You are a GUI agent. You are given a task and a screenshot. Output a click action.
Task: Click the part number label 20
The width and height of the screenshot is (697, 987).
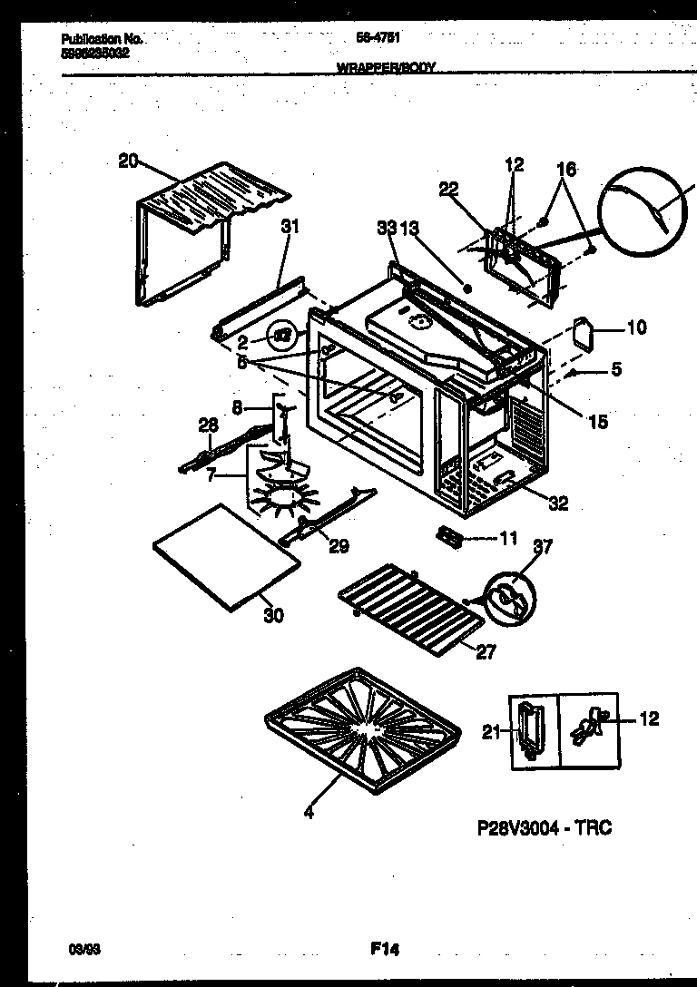point(128,161)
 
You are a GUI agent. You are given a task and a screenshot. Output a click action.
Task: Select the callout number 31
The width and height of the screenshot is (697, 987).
point(290,227)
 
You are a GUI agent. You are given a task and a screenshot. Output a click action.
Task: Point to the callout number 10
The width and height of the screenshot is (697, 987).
point(636,327)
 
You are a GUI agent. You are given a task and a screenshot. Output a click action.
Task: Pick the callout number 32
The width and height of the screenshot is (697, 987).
point(557,503)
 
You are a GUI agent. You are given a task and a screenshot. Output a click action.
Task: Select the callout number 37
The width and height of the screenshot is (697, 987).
point(542,546)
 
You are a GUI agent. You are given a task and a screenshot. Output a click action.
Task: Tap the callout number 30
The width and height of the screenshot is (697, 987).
point(273,615)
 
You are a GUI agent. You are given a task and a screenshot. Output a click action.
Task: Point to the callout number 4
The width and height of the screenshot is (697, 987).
point(309,814)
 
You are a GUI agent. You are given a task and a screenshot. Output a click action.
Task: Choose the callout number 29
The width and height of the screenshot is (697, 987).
point(339,546)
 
